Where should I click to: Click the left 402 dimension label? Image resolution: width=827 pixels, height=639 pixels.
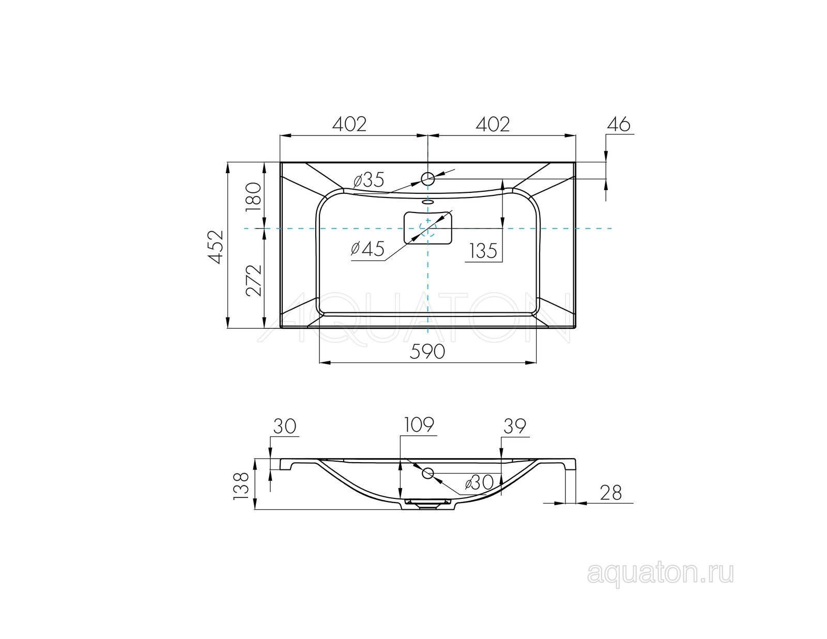click(349, 124)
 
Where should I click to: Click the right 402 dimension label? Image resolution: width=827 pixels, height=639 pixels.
click(493, 124)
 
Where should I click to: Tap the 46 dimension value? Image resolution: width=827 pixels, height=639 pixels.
click(619, 125)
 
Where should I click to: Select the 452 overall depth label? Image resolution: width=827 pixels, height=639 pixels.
click(215, 247)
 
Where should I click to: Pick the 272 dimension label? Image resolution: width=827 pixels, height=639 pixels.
click(253, 281)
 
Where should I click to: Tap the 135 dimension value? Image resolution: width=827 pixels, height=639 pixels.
click(483, 251)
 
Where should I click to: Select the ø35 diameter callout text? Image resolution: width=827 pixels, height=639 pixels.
click(369, 179)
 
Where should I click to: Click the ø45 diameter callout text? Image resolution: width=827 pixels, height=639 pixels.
click(367, 249)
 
